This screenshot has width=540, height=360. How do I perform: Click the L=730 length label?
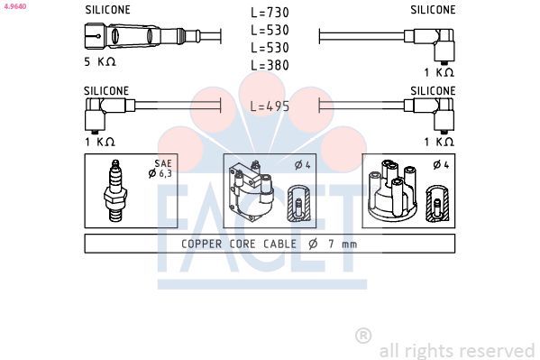270,13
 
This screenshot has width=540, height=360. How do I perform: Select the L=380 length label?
270,65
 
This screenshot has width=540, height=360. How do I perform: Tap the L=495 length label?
270,106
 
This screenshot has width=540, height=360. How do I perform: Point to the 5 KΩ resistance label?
100,61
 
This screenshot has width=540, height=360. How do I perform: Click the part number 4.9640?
15,5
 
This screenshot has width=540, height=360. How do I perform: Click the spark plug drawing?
115,190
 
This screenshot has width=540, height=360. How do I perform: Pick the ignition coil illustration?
251,192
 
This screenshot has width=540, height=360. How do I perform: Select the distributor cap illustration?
392,190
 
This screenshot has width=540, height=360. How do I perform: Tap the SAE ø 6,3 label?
160,169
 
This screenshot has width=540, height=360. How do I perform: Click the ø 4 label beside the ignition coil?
303,165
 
